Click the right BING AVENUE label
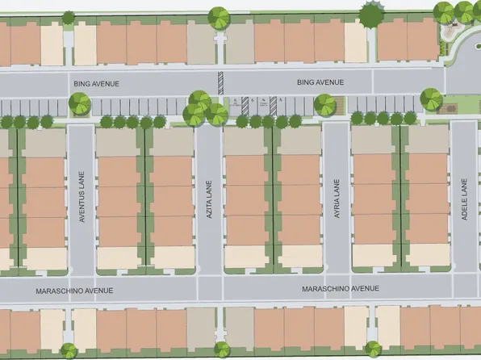(320, 82)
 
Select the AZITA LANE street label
(209, 194)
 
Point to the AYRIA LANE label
(337, 193)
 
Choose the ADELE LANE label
(464, 194)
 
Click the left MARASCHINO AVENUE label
(73, 290)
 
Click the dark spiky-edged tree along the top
(370, 14)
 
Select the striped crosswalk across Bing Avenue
(220, 83)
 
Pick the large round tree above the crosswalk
(219, 16)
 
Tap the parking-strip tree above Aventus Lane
(79, 103)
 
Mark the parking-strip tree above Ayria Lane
(324, 104)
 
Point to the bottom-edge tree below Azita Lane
(221, 349)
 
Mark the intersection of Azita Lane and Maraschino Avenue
(209, 288)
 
